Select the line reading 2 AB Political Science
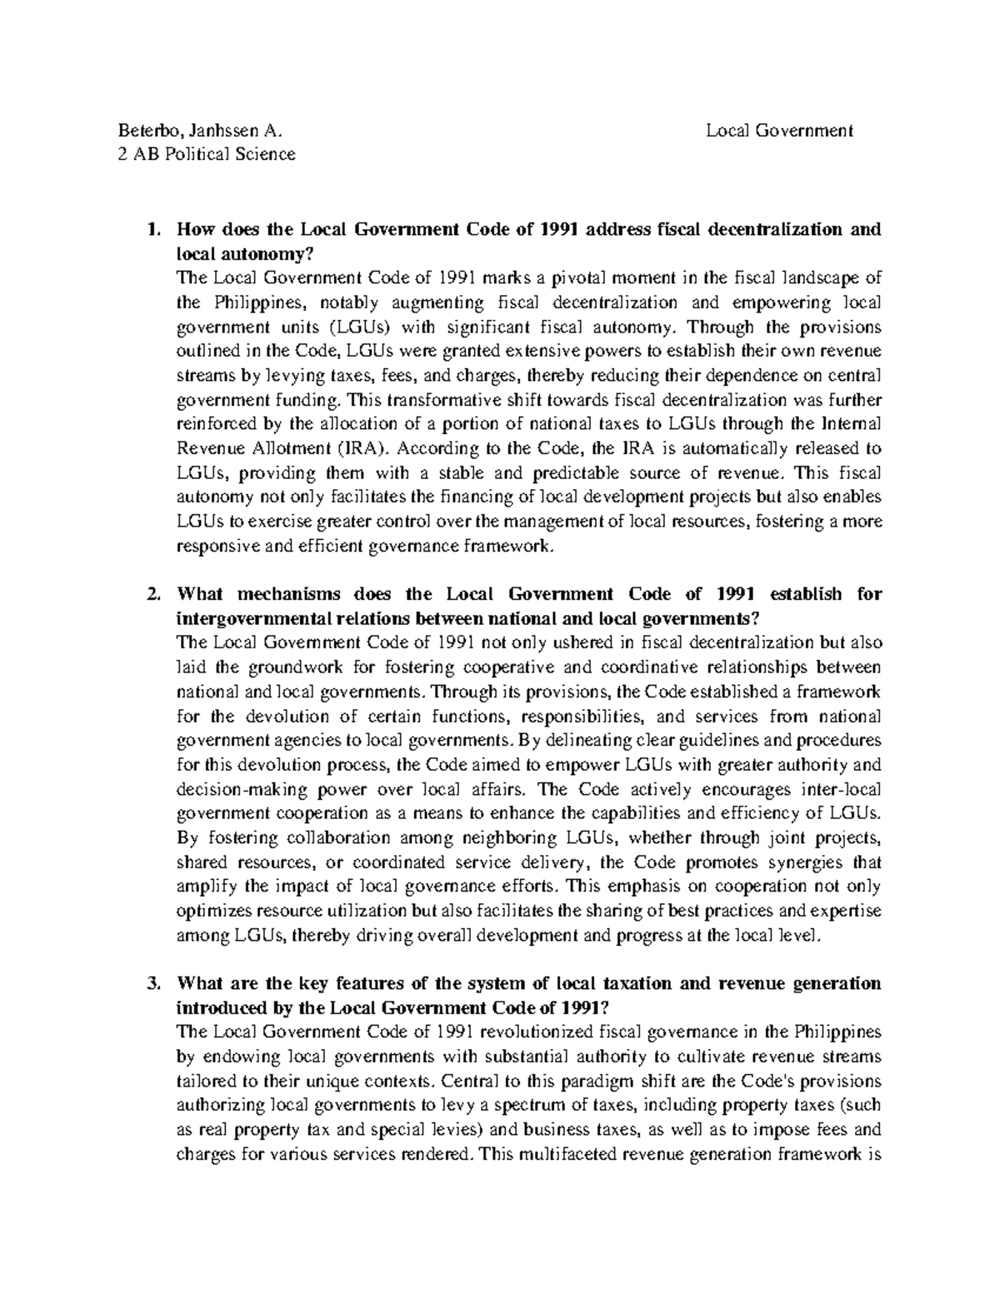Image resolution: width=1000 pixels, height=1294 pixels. (x=207, y=154)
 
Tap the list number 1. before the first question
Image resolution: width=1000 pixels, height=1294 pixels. (x=152, y=229)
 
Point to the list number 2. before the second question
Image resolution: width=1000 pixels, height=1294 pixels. (x=152, y=594)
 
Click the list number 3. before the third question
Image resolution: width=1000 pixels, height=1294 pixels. (x=152, y=984)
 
